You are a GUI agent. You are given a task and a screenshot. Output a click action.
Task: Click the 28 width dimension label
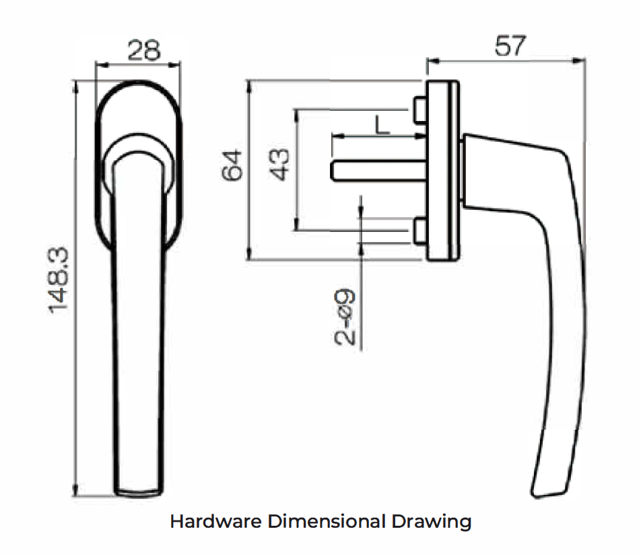pos(144,50)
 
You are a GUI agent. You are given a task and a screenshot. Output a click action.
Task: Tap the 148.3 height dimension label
pos(59,280)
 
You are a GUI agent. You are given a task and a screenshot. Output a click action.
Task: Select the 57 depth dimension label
pos(510,46)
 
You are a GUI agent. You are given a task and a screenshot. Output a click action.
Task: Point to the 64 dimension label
pos(232,165)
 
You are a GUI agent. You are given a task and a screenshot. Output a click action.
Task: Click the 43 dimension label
pos(279,165)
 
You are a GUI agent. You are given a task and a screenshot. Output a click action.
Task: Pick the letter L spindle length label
pos(382,125)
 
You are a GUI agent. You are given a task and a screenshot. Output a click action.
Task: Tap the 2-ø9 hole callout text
pos(345,317)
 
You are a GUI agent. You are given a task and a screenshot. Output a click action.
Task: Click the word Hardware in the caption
pos(216,521)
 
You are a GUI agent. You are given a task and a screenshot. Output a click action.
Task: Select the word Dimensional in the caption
pos(327,521)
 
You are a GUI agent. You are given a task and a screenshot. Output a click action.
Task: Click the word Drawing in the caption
pos(432,522)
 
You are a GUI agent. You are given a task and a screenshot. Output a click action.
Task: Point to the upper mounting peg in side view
pos(420,110)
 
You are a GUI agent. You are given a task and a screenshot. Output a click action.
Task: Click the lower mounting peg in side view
pos(420,231)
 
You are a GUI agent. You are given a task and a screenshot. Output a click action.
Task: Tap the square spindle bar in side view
pos(378,171)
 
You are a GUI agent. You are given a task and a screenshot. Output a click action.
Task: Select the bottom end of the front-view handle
pos(138,493)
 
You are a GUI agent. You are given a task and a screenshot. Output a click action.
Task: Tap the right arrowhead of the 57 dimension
pos(580,61)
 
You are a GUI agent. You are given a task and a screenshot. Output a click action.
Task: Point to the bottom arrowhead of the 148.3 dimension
pos(75,489)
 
